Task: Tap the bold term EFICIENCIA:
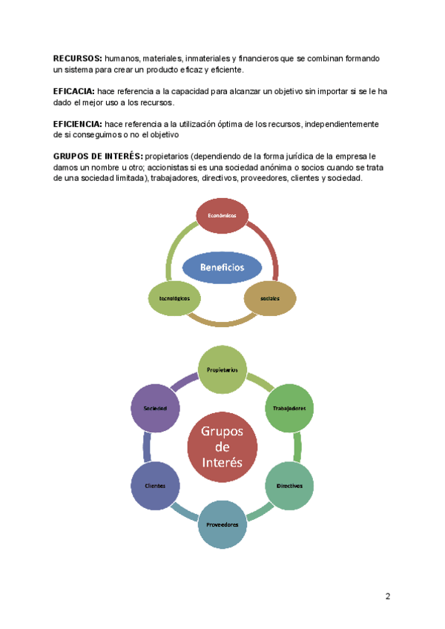tap(78, 124)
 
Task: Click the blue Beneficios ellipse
tap(222, 266)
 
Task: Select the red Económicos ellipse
tap(222, 214)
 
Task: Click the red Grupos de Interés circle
tap(222, 446)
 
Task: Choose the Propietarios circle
tap(222, 369)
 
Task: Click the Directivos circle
tap(289, 485)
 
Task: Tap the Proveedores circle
tap(222, 524)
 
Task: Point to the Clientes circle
tap(156, 485)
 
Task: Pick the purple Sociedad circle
tap(156, 408)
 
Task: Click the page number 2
tap(388, 597)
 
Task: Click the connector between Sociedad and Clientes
tap(147, 447)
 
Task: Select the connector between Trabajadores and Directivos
tap(297, 447)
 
